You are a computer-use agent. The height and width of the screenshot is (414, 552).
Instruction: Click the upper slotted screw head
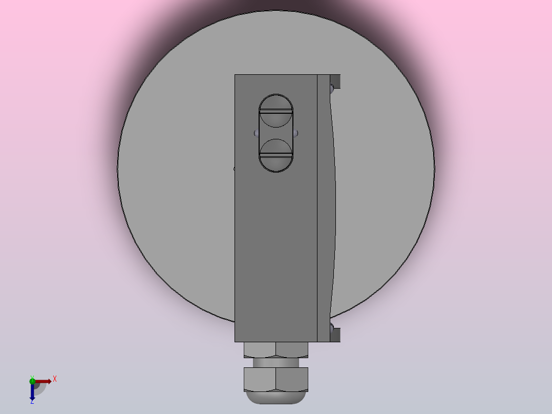point(275,112)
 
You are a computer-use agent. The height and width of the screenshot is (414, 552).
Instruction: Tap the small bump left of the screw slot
point(256,133)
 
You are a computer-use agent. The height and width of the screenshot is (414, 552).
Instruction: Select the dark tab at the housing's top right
point(336,81)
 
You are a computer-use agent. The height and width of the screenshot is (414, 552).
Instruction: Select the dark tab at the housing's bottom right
point(336,335)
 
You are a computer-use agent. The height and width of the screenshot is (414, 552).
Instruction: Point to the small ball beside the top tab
point(331,89)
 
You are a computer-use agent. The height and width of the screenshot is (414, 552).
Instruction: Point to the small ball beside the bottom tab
point(331,327)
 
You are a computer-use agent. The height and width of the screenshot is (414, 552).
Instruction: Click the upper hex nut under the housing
point(275,350)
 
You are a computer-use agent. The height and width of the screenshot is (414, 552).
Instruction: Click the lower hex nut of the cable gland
point(275,380)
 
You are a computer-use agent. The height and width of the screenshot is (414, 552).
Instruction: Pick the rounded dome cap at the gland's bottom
point(275,398)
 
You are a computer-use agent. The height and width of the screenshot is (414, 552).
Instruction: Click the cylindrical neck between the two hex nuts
point(275,362)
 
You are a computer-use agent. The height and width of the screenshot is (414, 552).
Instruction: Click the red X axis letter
point(55,379)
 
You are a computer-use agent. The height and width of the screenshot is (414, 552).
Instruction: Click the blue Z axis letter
point(32,401)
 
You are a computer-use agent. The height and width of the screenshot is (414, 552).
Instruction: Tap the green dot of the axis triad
point(32,380)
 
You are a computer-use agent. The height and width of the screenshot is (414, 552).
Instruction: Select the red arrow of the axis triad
point(44,381)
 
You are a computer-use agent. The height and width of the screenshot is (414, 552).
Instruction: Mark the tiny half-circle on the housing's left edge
point(235,168)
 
